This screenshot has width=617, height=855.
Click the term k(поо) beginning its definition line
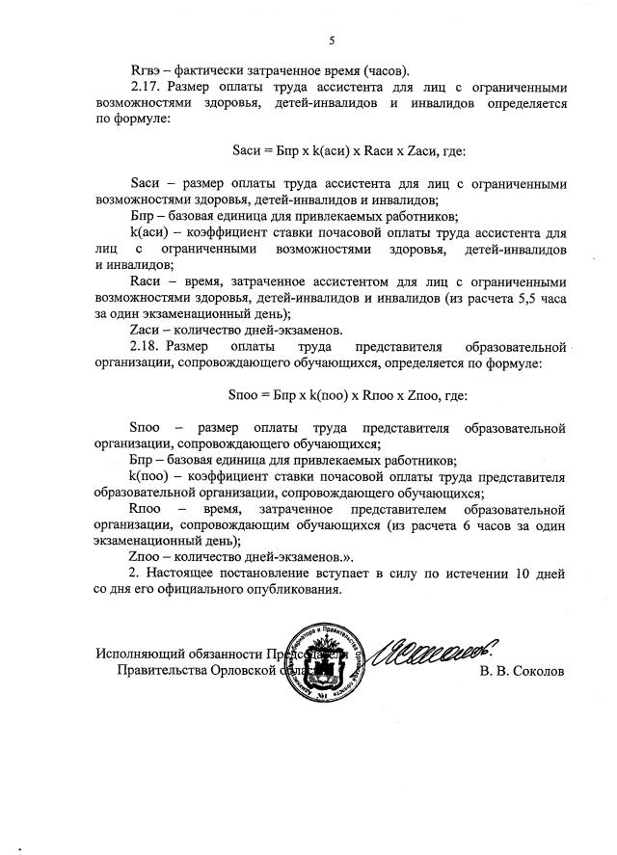pyautogui.click(x=149, y=476)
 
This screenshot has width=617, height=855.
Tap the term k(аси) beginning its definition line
pyautogui.click(x=149, y=234)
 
